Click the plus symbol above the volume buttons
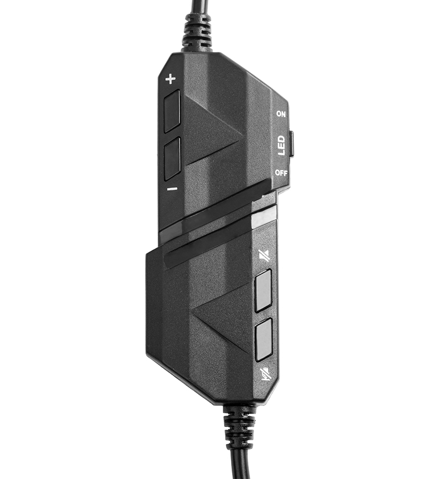click(x=171, y=79)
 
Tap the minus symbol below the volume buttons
click(x=172, y=189)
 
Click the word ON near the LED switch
click(x=280, y=114)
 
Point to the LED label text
click(x=280, y=146)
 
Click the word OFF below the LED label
click(x=281, y=173)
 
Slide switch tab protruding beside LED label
click(x=291, y=144)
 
